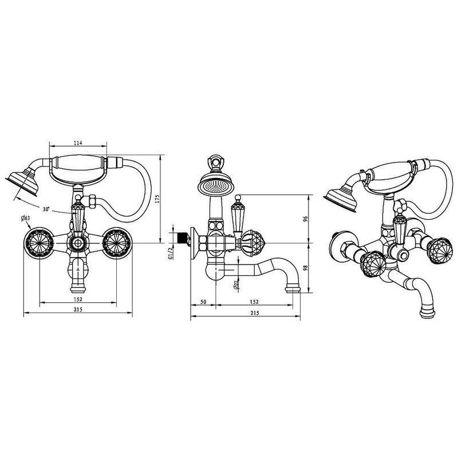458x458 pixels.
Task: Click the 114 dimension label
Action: click(x=78, y=143)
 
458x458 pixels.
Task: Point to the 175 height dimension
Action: click(x=158, y=199)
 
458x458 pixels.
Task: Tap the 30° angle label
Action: click(x=46, y=210)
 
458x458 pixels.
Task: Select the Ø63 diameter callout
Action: click(x=26, y=218)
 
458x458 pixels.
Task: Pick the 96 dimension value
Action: click(x=306, y=219)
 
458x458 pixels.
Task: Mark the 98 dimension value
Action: click(x=306, y=268)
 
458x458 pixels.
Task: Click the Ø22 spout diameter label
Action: click(x=236, y=283)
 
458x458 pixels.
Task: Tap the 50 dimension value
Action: click(x=203, y=302)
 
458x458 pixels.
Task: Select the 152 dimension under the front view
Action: click(x=78, y=299)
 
